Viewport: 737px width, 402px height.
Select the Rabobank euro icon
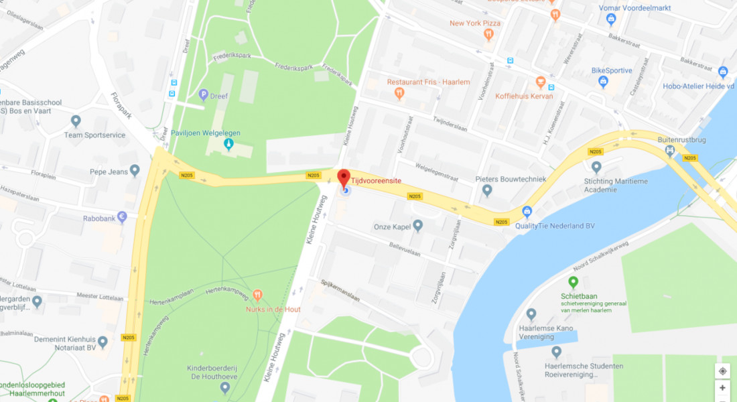click(122, 216)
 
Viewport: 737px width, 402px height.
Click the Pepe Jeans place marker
click(135, 171)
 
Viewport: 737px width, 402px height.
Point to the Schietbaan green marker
click(573, 283)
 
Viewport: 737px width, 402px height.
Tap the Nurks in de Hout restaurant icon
click(258, 295)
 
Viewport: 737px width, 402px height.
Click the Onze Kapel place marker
click(418, 226)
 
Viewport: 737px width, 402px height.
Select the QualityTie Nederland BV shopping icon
click(527, 212)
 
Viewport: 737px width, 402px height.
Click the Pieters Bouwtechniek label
click(511, 179)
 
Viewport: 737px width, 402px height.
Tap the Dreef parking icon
click(203, 95)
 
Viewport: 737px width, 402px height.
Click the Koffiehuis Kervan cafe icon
click(541, 82)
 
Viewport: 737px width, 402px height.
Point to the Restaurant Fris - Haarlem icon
click(399, 93)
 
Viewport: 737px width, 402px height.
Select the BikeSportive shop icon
click(603, 82)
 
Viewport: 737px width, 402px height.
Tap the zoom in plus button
click(722, 388)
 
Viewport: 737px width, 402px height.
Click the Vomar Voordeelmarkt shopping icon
click(610, 19)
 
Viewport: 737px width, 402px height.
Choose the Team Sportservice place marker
click(76, 121)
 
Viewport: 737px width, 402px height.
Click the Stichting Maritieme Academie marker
click(596, 167)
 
